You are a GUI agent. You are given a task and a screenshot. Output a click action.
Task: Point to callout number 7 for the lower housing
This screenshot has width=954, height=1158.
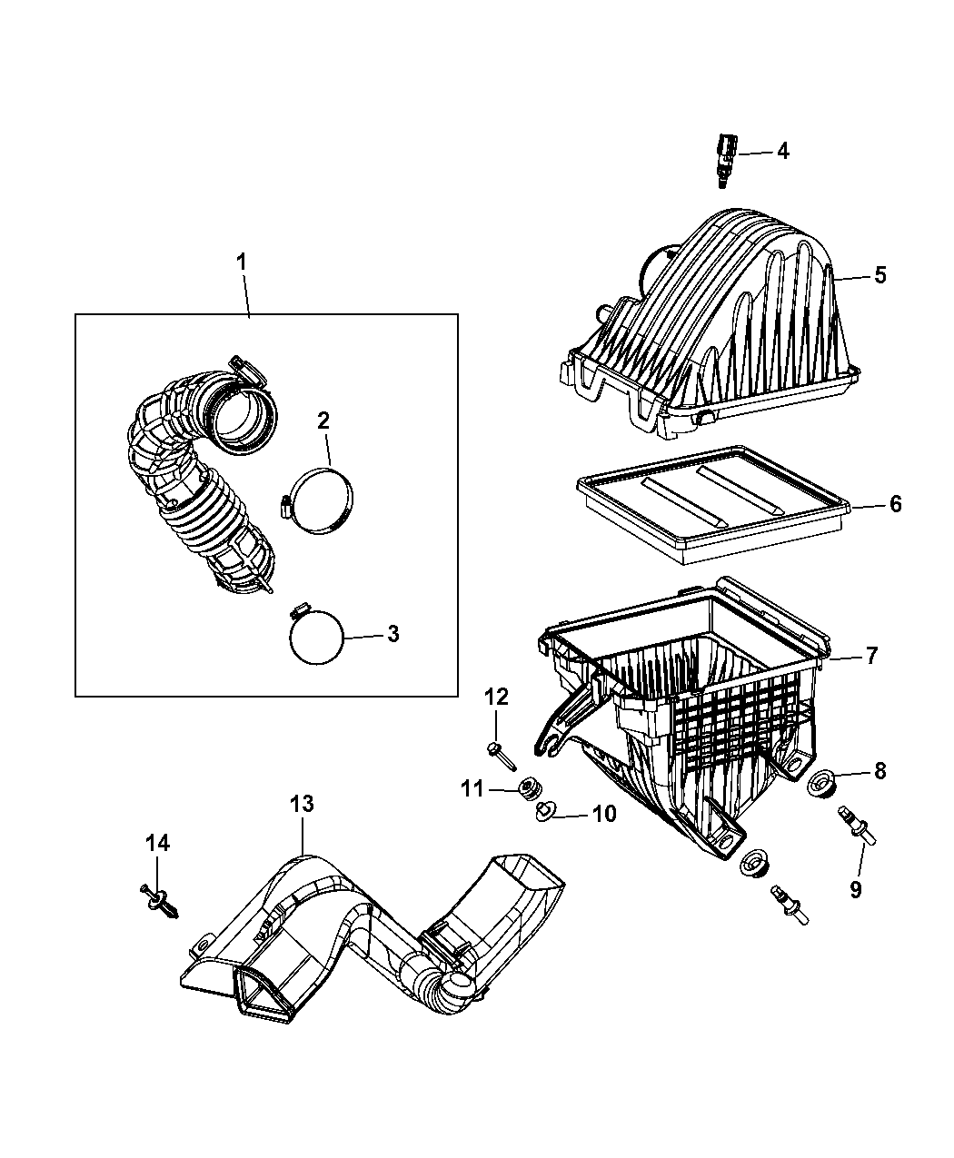coord(870,656)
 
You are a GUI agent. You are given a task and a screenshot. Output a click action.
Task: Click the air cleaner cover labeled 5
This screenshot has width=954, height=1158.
coord(709,318)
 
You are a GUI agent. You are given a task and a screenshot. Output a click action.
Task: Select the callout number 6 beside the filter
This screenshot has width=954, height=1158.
coord(895,503)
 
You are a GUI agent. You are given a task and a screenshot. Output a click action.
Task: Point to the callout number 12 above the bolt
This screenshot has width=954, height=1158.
coord(496,698)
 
